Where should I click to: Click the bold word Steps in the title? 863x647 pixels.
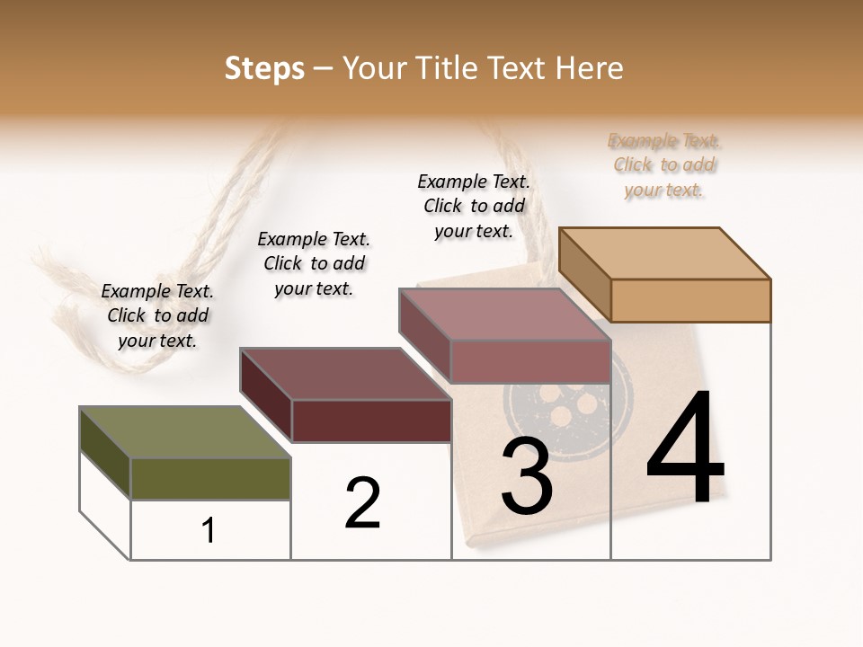click(x=264, y=68)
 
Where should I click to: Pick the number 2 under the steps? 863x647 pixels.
click(x=363, y=503)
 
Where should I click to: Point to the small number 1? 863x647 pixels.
click(x=209, y=531)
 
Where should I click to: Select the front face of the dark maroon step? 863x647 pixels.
click(x=371, y=421)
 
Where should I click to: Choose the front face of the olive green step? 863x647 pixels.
click(x=210, y=478)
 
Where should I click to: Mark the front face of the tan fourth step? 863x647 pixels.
click(x=690, y=300)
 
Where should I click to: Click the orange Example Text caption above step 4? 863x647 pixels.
click(x=664, y=165)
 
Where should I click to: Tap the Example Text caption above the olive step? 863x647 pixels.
click(x=157, y=316)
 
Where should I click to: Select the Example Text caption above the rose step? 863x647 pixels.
click(x=474, y=206)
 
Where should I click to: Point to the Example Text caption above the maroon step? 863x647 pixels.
click(x=314, y=263)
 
